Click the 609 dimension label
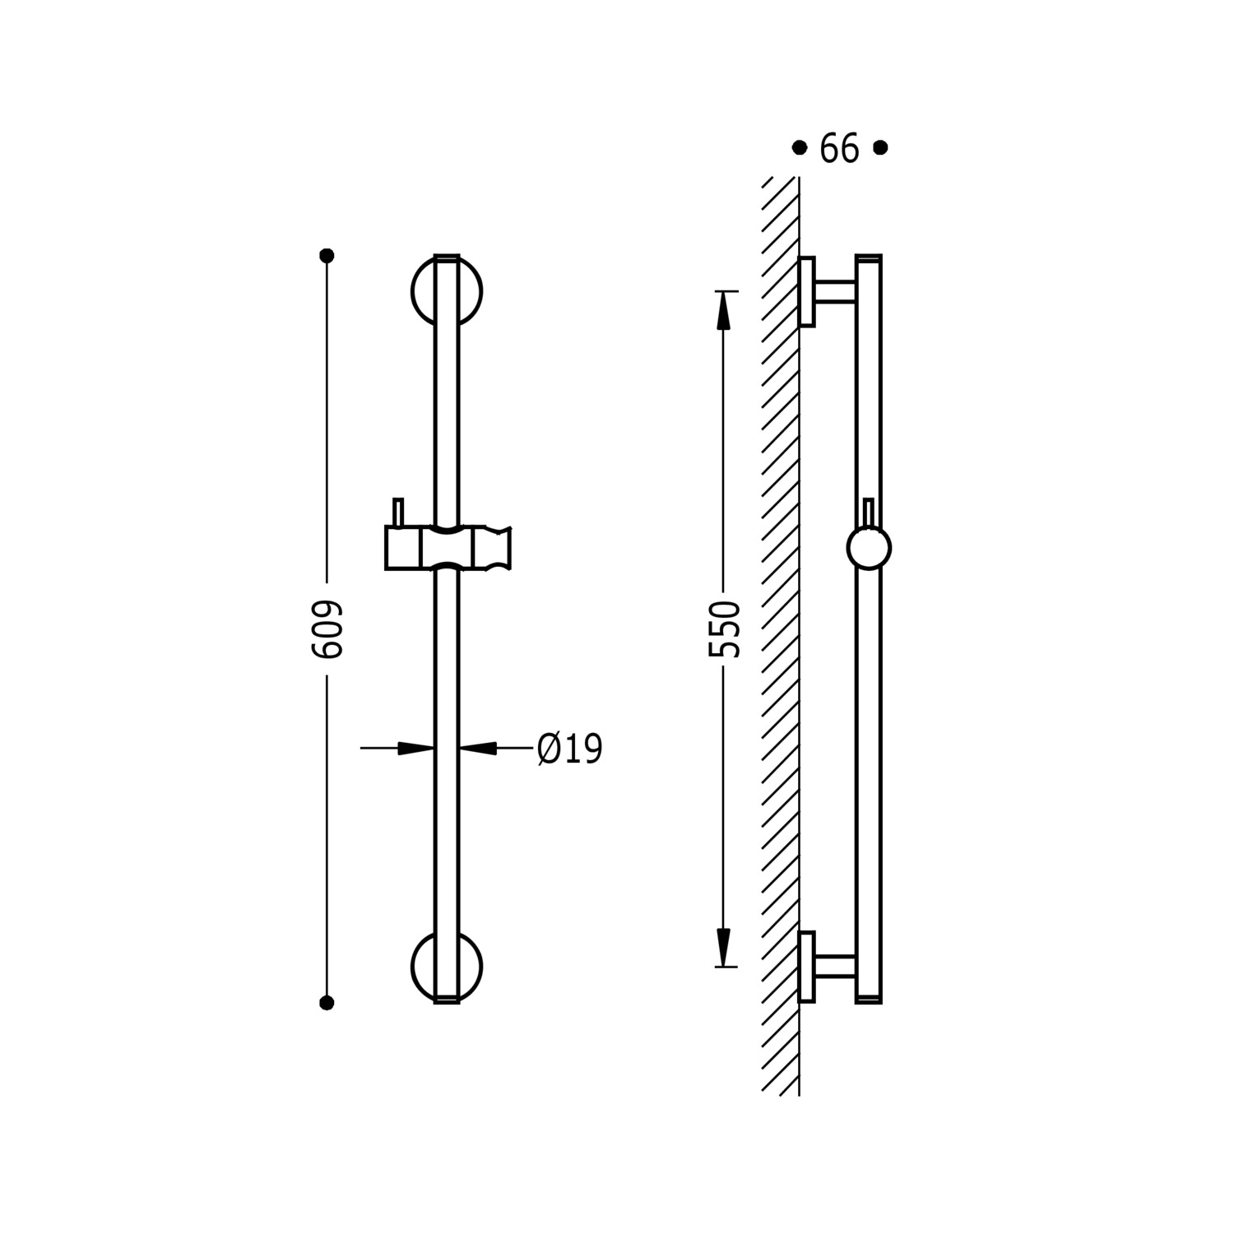point(327,629)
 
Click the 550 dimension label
point(725,629)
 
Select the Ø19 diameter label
point(570,749)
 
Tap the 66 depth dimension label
point(839,149)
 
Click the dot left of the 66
point(799,148)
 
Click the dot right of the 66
point(880,148)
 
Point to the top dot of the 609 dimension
point(327,256)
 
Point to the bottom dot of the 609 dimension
point(327,1003)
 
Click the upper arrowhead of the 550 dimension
point(724,311)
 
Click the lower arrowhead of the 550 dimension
point(724,947)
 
